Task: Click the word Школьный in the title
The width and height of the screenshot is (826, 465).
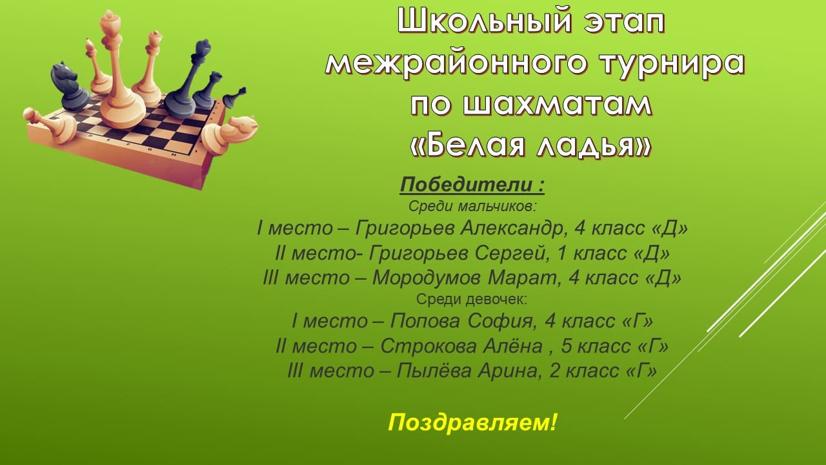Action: pyautogui.click(x=484, y=22)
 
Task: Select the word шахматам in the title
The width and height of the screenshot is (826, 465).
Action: pyautogui.click(x=558, y=105)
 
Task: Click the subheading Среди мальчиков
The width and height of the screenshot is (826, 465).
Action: pyautogui.click(x=472, y=207)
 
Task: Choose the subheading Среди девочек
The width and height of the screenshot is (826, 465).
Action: pyautogui.click(x=472, y=299)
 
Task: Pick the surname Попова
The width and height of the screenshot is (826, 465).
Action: pyautogui.click(x=425, y=321)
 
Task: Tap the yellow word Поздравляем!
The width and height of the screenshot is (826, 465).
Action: pyautogui.click(x=472, y=422)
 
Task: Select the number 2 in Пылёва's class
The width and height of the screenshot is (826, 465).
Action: pyautogui.click(x=554, y=371)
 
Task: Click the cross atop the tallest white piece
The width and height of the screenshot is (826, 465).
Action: pyautogui.click(x=110, y=16)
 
